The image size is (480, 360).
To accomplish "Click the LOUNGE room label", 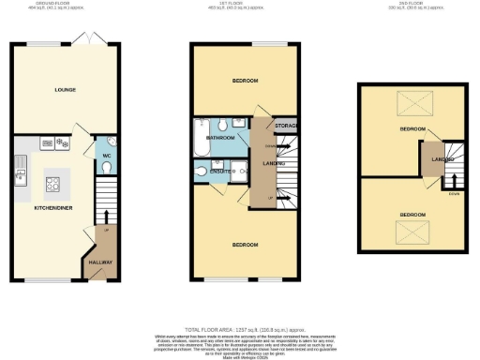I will (65, 91).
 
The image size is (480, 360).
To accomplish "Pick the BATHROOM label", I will (220, 139).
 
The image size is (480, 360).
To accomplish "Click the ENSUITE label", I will (222, 172).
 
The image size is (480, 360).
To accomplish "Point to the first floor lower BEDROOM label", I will (245, 244).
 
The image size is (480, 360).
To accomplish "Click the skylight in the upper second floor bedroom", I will (413, 103).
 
